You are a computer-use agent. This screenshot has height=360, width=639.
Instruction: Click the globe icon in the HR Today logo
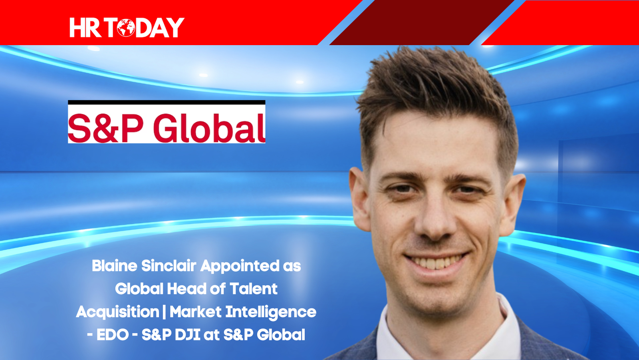click(126, 28)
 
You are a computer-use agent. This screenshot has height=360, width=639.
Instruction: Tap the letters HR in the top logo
click(85, 28)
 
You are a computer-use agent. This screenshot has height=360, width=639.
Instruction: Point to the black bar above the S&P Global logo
click(167, 102)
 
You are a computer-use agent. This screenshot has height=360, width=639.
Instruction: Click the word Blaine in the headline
click(114, 266)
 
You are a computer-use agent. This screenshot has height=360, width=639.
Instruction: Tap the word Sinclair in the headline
click(169, 266)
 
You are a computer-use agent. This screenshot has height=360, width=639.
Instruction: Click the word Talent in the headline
click(253, 289)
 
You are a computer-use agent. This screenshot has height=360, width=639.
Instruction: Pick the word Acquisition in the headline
click(117, 312)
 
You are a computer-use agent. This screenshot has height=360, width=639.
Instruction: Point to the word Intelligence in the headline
click(271, 312)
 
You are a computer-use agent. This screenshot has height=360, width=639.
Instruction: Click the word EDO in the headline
click(112, 334)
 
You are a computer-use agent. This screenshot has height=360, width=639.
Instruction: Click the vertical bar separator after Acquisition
click(164, 312)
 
